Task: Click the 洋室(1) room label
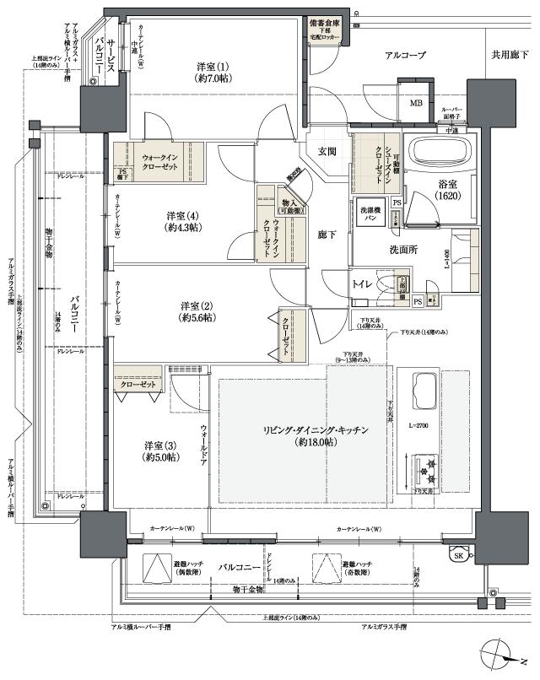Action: (213, 73)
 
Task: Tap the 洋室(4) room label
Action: (184, 221)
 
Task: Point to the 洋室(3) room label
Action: (159, 451)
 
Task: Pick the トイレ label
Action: (364, 284)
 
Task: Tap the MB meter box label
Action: (416, 103)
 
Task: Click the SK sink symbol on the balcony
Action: (457, 555)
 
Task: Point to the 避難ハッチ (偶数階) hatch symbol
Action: (155, 567)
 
